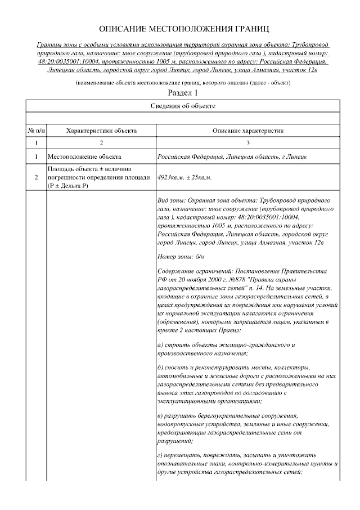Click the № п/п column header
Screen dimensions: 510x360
point(36,131)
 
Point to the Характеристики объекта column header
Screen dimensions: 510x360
point(101,131)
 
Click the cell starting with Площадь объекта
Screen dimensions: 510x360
point(98,177)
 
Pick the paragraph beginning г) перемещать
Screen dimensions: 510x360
point(247,463)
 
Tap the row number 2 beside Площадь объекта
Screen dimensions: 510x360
point(36,177)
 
